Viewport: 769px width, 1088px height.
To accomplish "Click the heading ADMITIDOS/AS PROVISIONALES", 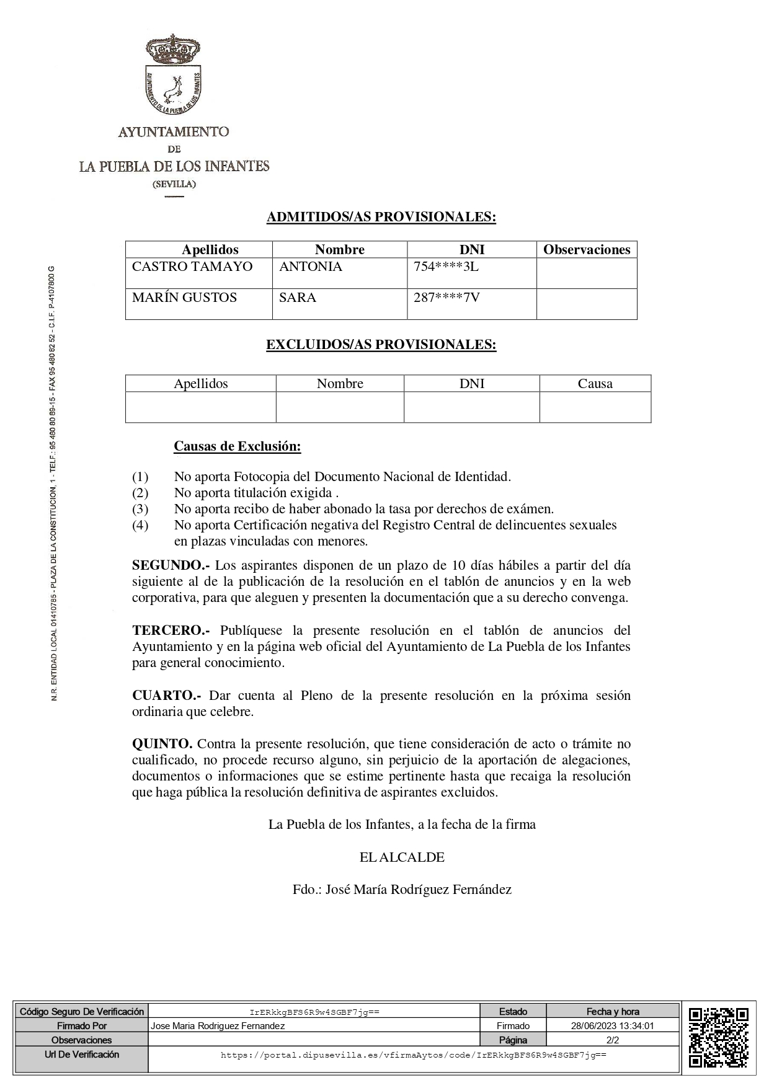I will point(381,217).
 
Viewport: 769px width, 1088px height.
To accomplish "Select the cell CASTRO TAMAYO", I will point(192,267).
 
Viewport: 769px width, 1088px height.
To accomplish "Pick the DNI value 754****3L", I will point(446,267).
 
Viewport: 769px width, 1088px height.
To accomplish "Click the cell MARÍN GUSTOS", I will point(184,298).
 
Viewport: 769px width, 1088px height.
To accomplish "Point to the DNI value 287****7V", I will point(447,298).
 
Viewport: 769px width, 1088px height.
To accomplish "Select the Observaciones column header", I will point(586,250).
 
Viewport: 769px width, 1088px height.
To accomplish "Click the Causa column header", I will point(595,384).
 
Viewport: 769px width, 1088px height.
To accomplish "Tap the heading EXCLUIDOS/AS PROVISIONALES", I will point(381,345).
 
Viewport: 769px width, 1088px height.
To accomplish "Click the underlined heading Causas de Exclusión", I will point(237,446).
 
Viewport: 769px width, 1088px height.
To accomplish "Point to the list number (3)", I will point(140,509).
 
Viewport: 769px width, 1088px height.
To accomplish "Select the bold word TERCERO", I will point(171,630).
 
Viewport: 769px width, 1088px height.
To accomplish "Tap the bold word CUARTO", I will point(166,696).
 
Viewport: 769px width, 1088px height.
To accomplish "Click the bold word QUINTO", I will point(162,744).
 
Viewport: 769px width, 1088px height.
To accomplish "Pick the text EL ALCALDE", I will point(402,857).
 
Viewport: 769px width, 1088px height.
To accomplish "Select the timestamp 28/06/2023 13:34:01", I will point(612,1025).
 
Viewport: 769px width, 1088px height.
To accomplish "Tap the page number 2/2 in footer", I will point(612,1040).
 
